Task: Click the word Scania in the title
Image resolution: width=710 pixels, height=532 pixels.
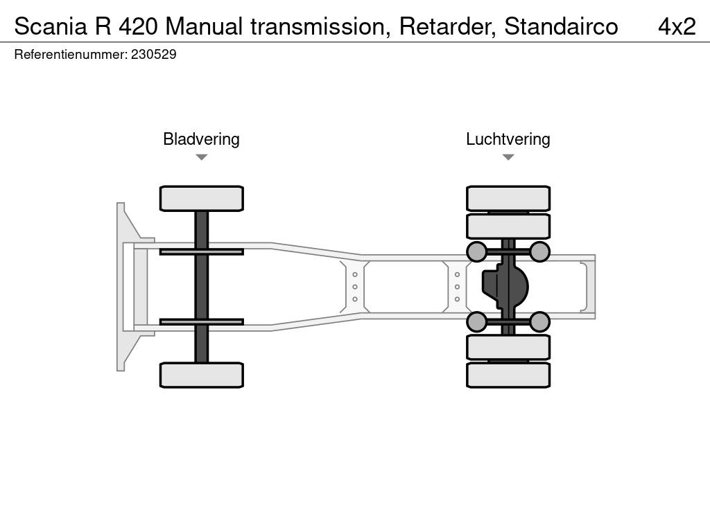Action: click(50, 26)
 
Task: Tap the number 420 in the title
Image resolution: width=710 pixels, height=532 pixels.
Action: click(138, 26)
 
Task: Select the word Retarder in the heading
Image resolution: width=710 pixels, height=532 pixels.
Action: click(447, 26)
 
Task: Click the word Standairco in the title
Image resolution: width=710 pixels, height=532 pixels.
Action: click(561, 26)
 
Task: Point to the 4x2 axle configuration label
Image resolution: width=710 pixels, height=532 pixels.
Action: click(677, 26)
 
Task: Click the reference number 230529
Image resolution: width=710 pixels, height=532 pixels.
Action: click(153, 54)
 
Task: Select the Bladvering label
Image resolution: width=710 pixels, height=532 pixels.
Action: click(201, 139)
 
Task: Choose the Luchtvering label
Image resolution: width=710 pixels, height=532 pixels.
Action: click(508, 139)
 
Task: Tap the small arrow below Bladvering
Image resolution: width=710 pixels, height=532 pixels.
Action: click(202, 157)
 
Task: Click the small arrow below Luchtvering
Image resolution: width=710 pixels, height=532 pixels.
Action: click(508, 157)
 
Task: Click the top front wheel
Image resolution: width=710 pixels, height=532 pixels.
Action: click(202, 198)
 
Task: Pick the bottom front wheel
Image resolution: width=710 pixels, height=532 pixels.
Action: click(202, 375)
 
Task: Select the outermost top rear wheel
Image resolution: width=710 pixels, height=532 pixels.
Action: click(508, 198)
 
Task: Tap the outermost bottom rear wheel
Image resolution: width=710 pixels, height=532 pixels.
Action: click(508, 375)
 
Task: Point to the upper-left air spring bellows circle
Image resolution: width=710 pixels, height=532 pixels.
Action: click(476, 251)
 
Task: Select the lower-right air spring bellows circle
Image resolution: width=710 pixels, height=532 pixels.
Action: click(539, 321)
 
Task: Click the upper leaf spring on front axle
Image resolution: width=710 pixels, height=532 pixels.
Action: click(202, 251)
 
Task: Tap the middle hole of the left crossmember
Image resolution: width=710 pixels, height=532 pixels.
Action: click(355, 287)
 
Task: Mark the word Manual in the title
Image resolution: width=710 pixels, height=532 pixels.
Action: click(205, 26)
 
